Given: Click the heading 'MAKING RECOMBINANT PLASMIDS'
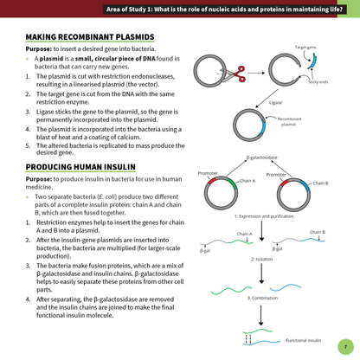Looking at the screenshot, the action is pos(90,37).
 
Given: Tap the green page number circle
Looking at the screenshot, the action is pos(344,344).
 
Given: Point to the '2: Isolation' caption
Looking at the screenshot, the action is pos(262,259).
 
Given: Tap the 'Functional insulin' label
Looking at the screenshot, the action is pos(303,340).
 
